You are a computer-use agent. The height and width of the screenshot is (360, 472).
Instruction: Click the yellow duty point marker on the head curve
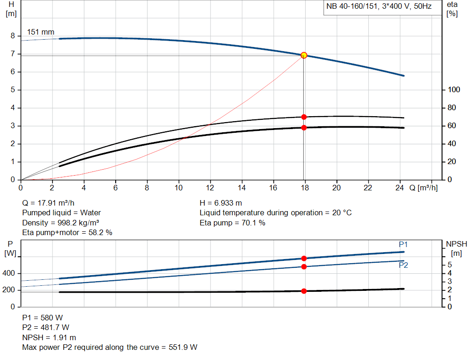pyautogui.click(x=304, y=55)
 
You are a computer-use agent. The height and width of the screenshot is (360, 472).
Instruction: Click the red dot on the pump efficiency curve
pyautogui.click(x=304, y=117)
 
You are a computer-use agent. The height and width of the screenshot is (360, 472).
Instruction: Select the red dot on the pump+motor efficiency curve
pyautogui.click(x=304, y=127)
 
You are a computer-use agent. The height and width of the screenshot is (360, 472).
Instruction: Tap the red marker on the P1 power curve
pyautogui.click(x=304, y=259)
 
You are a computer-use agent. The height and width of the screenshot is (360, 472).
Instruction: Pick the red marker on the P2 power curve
pyautogui.click(x=304, y=267)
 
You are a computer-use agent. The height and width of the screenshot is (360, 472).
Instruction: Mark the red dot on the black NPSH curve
pyautogui.click(x=304, y=291)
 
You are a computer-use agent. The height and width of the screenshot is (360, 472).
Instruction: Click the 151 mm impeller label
pyautogui.click(x=41, y=32)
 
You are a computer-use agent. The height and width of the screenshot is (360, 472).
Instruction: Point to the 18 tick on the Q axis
pyautogui.click(x=304, y=188)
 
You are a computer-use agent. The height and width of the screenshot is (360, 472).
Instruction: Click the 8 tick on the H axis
pyautogui.click(x=13, y=36)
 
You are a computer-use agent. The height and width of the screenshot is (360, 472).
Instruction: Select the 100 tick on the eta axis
pyautogui.click(x=454, y=90)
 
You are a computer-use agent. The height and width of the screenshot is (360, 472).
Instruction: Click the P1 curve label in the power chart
pyautogui.click(x=403, y=244)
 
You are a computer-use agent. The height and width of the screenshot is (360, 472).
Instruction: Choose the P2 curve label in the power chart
pyautogui.click(x=403, y=265)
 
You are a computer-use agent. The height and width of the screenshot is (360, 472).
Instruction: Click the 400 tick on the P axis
pyautogui.click(x=10, y=273)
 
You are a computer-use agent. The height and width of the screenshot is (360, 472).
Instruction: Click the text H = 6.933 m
pyautogui.click(x=221, y=203)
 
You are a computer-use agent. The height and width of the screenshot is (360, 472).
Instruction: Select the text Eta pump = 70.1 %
pyautogui.click(x=232, y=223)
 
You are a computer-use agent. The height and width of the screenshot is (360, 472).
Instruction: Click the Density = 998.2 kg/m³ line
pyautogui.click(x=58, y=223)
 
